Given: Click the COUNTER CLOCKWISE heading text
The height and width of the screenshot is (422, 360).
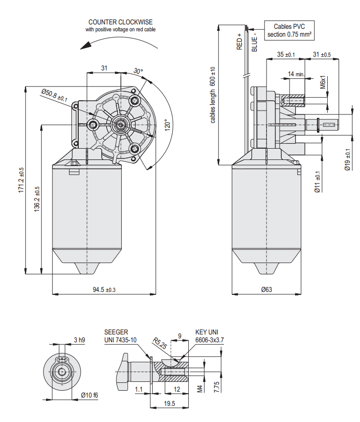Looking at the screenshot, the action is [x=120, y=22].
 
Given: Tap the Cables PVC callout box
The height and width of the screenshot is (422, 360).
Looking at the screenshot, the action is [x=289, y=30].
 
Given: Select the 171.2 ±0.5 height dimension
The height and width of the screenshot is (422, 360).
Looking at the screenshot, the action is [x=21, y=180].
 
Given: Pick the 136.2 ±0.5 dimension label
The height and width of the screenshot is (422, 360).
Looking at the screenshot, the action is [x=37, y=199].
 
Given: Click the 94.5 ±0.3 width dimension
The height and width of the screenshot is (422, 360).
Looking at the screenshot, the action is [x=104, y=289].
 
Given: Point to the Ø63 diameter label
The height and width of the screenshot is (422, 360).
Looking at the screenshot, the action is [x=266, y=289].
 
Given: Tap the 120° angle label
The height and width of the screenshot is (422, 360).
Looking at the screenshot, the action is [x=167, y=125].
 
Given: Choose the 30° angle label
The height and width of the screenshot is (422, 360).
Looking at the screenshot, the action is [x=138, y=71].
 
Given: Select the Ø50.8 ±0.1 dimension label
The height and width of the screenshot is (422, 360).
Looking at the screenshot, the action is [x=54, y=95].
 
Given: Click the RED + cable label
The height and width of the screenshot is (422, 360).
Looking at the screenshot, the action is [x=239, y=42].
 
